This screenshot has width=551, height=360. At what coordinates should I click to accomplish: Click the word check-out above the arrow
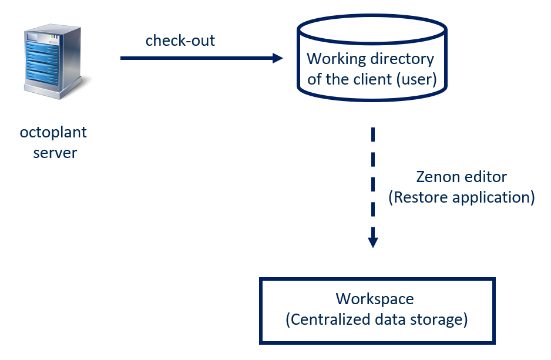pos(180,41)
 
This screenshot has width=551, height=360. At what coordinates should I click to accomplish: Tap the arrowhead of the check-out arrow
pos(277,58)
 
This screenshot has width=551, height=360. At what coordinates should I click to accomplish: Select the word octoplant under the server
pos(53,133)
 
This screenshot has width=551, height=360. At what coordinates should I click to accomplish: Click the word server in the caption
pos(55,153)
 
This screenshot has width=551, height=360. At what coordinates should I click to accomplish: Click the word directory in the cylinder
pos(402,59)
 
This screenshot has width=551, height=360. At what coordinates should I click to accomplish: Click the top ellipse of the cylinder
pos(372,26)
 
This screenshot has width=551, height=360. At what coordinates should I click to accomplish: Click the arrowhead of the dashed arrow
pos(372,241)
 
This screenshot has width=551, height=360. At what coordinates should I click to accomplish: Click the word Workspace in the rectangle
pos(375,299)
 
